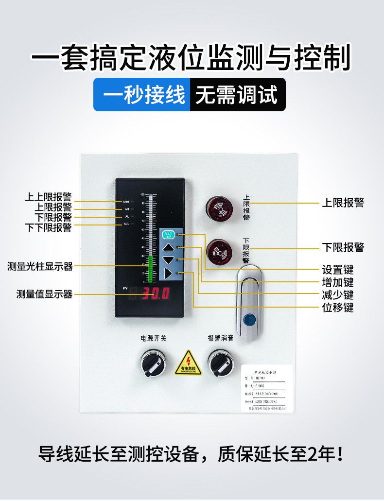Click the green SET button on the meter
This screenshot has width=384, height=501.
[168, 235]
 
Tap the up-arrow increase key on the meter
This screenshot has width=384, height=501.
[168, 247]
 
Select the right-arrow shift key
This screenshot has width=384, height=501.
[168, 273]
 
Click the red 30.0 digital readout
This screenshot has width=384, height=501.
[155, 294]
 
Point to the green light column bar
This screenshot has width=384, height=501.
[151, 268]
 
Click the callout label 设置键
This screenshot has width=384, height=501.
[338, 270]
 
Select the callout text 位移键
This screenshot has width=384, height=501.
[338, 308]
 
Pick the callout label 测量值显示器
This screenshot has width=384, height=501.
[44, 294]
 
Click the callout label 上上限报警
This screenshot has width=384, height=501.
[48, 197]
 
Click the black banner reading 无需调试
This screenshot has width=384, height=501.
[236, 95]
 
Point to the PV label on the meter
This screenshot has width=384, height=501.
[125, 289]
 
